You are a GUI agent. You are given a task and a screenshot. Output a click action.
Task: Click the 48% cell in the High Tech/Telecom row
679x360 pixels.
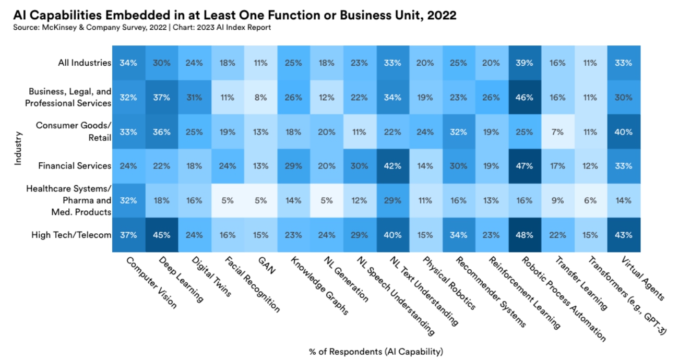click(525, 235)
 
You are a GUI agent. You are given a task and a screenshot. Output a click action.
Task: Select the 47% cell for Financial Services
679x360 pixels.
click(525, 166)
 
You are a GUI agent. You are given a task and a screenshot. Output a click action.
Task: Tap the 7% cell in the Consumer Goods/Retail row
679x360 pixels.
click(557, 131)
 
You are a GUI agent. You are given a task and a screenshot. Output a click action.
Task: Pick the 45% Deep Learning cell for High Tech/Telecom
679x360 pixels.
click(162, 235)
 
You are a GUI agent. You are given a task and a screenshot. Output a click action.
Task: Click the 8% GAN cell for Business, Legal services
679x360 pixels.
click(260, 97)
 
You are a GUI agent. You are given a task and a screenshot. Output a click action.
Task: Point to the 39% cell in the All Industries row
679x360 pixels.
click(525, 63)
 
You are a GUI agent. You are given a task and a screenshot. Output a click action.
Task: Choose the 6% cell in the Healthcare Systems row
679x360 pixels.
click(590, 200)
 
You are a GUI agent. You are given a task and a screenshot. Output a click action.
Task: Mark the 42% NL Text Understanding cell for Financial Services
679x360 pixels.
click(392, 166)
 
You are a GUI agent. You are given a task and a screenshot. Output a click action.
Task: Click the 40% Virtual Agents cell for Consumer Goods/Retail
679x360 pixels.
click(623, 131)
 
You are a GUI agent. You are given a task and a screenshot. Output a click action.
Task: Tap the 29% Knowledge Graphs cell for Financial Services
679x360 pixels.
click(294, 166)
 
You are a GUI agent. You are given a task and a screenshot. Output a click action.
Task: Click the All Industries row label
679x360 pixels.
click(85, 63)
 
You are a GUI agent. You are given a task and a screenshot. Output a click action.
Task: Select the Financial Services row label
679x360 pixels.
click(75, 166)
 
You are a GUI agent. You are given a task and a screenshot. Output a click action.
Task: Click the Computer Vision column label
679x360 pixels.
click(151, 282)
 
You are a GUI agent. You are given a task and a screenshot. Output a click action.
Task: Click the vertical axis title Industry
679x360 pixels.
click(18, 149)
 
